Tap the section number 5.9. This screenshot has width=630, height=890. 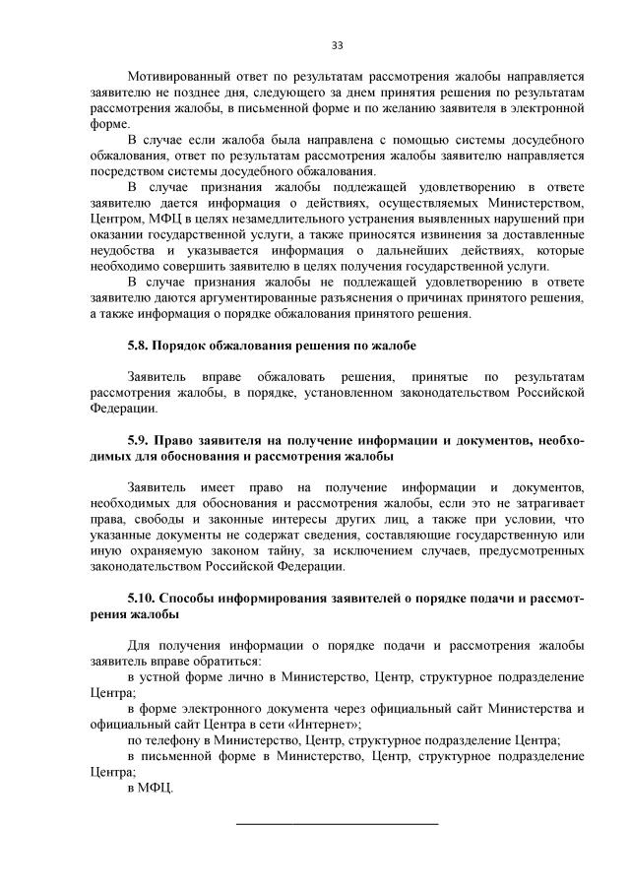(140, 440)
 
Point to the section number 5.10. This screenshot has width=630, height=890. (143, 598)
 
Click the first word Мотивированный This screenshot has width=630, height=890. (180, 76)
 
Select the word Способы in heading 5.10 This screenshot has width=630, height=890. (190, 598)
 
